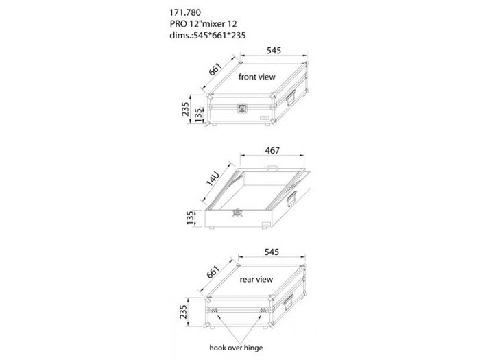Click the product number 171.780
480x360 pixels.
pyautogui.click(x=185, y=12)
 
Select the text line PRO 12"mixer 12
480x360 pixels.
pyautogui.click(x=203, y=24)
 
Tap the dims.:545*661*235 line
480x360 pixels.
pyautogui.click(x=208, y=35)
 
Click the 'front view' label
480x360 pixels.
pyautogui.click(x=257, y=77)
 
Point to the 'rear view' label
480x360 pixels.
pyautogui.click(x=256, y=279)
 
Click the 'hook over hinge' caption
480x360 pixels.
pyautogui.click(x=236, y=348)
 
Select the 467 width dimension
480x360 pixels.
pyautogui.click(x=272, y=150)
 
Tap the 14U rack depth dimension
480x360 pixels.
pyautogui.click(x=213, y=179)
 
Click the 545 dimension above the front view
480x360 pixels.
pyautogui.click(x=274, y=51)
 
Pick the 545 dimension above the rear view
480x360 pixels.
pyautogui.click(x=272, y=252)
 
